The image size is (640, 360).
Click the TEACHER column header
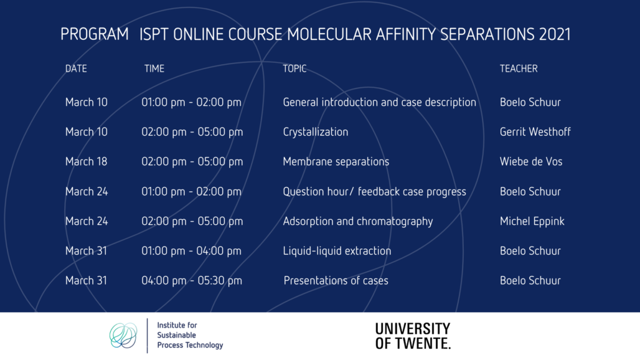pos(519,69)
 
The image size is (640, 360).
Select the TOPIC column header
pos(294,69)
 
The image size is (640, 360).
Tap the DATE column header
pos(76,69)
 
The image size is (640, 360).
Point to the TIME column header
pos(154,69)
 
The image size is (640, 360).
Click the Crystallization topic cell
pos(316,132)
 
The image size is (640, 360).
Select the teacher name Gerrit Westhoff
pos(535,132)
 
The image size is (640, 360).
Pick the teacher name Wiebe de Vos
pos(531,162)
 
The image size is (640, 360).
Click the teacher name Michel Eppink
pos(532,221)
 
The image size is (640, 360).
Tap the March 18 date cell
pos(86,162)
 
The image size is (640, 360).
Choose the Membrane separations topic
pos(336,162)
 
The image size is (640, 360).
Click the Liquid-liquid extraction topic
pos(337,250)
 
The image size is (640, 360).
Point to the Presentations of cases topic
pos(336,280)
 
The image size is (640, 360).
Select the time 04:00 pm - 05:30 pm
pos(191,280)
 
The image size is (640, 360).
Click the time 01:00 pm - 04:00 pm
pos(191,250)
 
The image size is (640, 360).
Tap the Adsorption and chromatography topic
pos(358,221)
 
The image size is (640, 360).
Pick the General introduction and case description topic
pos(380,102)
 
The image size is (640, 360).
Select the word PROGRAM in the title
pos(94,34)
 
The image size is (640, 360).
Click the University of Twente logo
pos(413,336)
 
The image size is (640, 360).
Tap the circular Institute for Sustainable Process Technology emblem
pos(123,336)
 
